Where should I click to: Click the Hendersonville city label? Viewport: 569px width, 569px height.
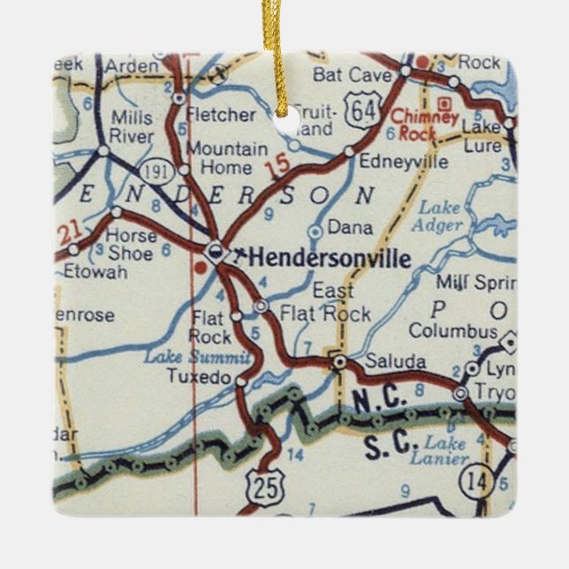point(330,258)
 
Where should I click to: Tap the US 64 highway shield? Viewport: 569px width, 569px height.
point(360,110)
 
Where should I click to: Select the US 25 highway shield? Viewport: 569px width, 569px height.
point(262,482)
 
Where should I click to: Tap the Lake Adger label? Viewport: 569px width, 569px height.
point(440,216)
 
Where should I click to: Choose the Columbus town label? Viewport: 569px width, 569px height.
point(452,332)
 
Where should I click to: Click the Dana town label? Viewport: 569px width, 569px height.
point(350,227)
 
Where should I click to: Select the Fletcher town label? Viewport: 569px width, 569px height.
point(225,115)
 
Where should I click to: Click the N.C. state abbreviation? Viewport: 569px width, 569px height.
point(381,400)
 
